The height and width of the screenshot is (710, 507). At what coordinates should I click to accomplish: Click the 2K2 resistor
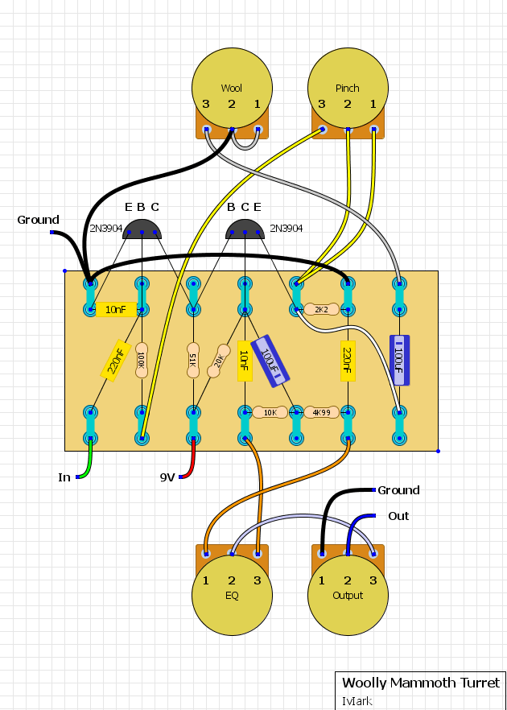point(321,310)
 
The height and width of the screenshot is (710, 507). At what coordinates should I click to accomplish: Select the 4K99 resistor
point(321,412)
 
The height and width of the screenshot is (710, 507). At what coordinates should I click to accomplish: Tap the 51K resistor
point(193,361)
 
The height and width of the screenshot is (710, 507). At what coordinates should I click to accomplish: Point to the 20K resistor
point(219,361)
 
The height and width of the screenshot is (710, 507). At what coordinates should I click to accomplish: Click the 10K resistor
point(270,412)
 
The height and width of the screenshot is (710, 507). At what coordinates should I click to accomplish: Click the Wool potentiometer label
point(231,88)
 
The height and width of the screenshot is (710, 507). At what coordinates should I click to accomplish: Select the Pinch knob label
point(347,88)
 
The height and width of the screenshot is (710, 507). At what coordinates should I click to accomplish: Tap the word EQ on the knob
point(232,595)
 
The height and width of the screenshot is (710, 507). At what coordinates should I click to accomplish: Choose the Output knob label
point(348,595)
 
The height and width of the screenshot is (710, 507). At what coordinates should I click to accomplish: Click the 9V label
point(167,477)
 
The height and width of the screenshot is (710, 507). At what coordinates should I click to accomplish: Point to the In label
point(64,477)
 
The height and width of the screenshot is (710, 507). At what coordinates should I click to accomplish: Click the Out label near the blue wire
point(398,516)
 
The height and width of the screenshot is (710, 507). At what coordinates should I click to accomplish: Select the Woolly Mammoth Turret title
point(421,683)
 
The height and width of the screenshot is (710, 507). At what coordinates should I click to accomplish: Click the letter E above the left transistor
point(129,207)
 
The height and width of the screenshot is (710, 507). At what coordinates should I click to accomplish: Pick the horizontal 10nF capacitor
point(116,310)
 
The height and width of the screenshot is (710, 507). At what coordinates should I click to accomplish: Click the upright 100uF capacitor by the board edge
point(399,361)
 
